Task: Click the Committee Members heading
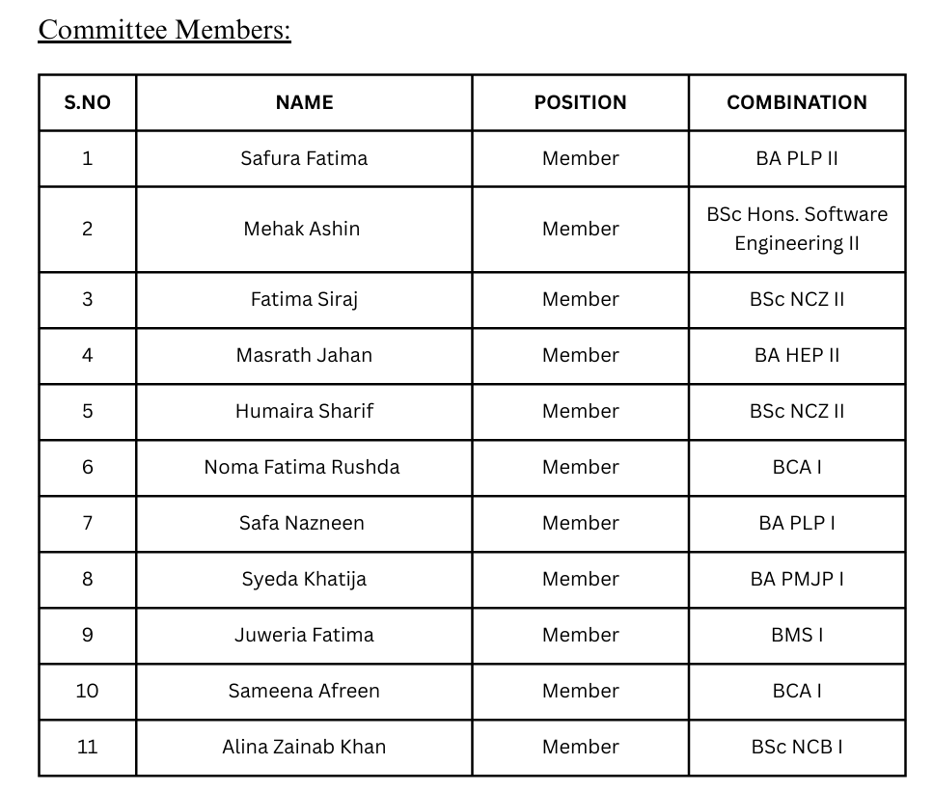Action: (164, 30)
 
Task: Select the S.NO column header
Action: (88, 102)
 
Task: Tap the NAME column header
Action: (304, 102)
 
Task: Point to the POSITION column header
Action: (580, 102)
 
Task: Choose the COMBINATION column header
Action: (797, 102)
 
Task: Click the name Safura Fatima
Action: (304, 158)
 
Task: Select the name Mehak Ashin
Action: (302, 229)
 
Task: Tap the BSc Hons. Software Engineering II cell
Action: (797, 229)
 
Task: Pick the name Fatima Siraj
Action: (304, 299)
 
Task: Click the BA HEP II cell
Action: (797, 355)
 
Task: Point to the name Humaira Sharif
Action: (304, 411)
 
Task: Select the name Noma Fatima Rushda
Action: (302, 467)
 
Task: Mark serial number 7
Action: (88, 523)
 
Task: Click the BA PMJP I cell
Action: (797, 579)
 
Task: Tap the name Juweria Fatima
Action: (304, 635)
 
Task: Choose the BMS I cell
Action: (797, 635)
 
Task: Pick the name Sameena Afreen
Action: (304, 691)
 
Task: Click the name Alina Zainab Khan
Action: (304, 747)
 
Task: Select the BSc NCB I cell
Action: (797, 747)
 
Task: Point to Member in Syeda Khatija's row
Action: (580, 579)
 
